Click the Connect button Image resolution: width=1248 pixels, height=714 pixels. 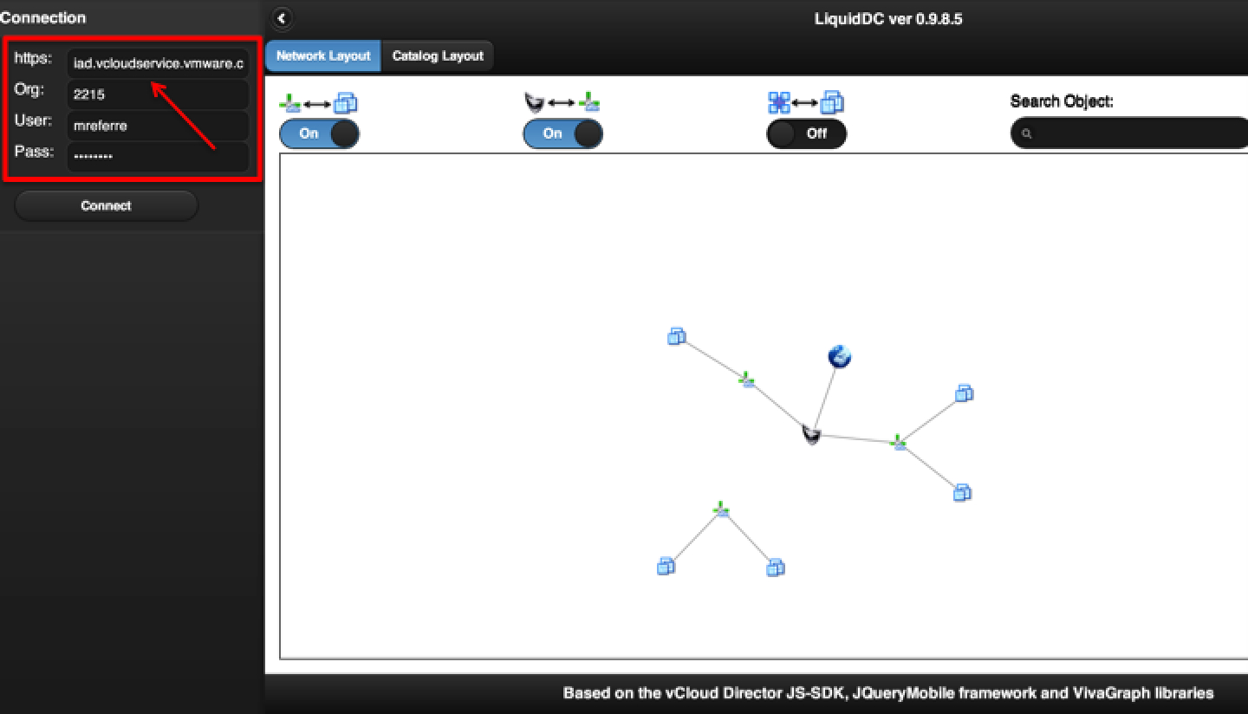[106, 205]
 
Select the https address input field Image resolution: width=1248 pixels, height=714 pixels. [158, 63]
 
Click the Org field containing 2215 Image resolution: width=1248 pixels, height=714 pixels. [158, 94]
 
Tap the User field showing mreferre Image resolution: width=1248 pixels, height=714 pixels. [158, 126]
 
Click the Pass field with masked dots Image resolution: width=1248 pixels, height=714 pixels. [158, 157]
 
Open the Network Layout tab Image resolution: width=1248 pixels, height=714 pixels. [323, 55]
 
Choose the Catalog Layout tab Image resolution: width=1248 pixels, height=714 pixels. [438, 55]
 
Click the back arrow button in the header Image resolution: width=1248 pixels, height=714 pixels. [282, 18]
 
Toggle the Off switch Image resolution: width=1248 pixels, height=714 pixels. [806, 133]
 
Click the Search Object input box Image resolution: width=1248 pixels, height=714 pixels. [1131, 133]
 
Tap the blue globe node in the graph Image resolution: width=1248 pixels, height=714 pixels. [840, 356]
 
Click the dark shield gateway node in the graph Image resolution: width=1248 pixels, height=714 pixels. [811, 434]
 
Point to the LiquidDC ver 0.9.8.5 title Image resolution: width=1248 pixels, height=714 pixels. [888, 19]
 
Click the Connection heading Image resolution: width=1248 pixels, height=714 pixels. [43, 18]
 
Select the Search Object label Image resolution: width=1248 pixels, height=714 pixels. [1062, 101]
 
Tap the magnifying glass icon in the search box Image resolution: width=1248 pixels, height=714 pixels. [1027, 133]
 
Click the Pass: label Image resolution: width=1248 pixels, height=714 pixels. [34, 152]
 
